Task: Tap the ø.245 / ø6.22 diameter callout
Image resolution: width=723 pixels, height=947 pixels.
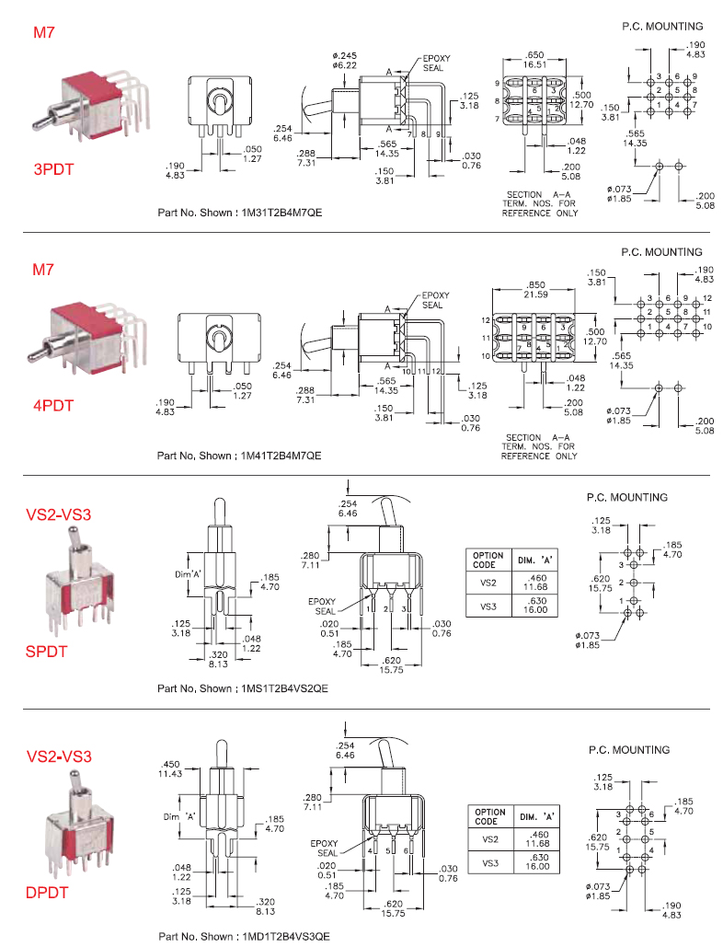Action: tap(345, 61)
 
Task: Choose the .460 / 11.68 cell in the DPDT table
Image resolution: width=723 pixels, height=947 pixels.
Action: tap(536, 839)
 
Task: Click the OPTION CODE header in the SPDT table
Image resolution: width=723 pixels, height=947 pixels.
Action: tap(488, 559)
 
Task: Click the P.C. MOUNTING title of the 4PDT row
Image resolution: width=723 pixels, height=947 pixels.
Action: tap(660, 251)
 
